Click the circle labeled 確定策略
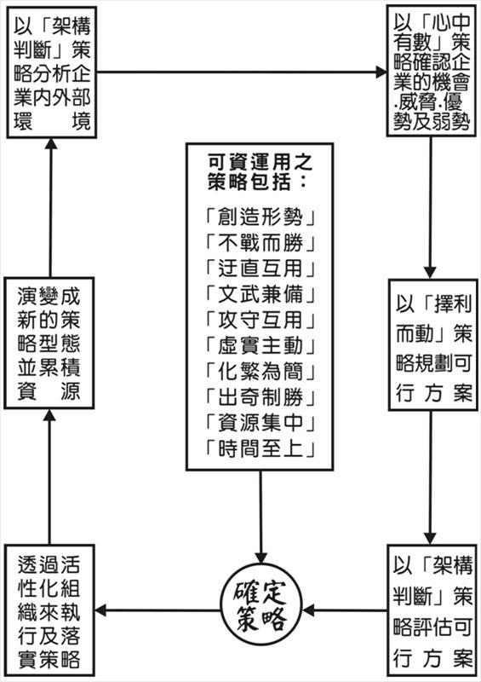(263, 610)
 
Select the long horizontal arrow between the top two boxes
(240, 72)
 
